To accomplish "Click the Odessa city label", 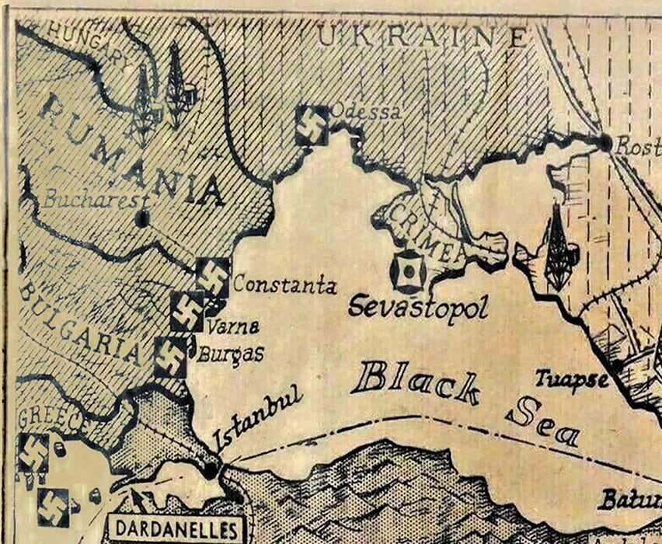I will (366, 113).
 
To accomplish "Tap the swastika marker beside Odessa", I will (312, 126).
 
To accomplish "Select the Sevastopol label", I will (418, 306).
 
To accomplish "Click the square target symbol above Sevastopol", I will (407, 271).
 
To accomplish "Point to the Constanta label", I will (284, 285).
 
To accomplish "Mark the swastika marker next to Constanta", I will (213, 275).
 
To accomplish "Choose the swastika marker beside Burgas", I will (171, 357).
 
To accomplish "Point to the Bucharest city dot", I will (142, 218).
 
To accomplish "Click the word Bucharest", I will (95, 199).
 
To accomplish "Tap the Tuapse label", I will (571, 379).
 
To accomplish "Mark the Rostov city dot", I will (605, 142).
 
